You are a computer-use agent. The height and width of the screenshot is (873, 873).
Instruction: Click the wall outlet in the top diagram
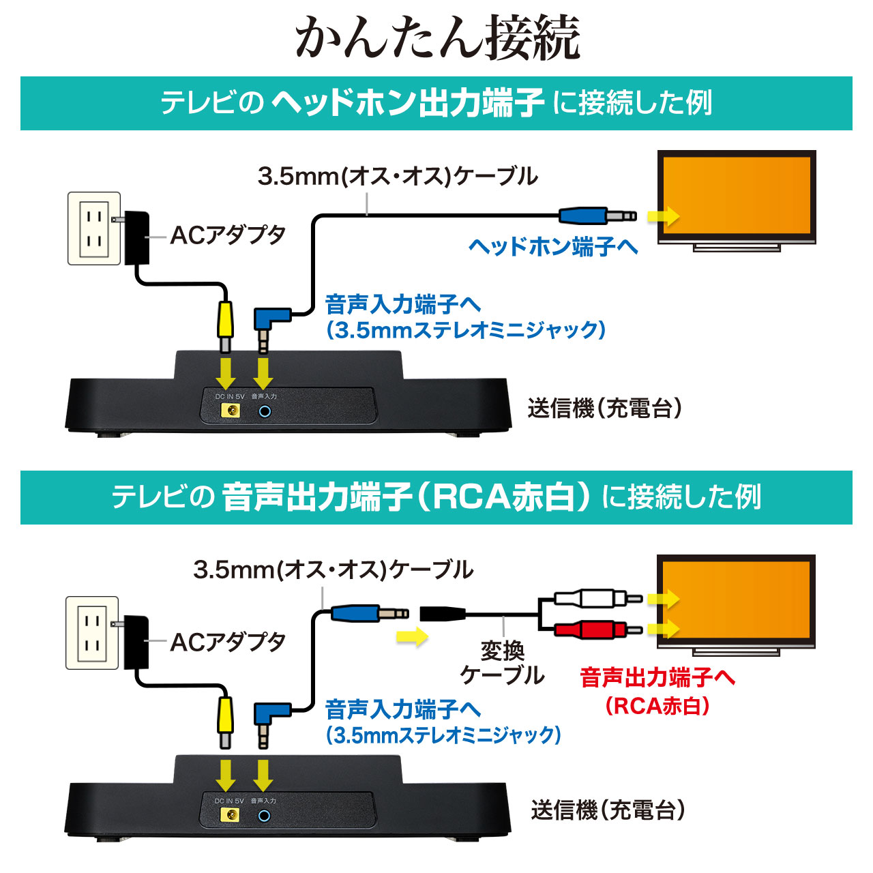[x=94, y=228]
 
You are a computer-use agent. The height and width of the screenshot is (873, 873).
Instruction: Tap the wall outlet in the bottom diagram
[x=92, y=633]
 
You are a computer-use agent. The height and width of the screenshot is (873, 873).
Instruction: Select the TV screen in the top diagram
[x=736, y=196]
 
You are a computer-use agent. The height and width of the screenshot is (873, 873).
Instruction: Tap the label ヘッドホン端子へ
[x=552, y=246]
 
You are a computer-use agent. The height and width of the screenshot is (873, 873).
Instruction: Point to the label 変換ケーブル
[x=502, y=663]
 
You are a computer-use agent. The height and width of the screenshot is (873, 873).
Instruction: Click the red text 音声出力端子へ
[x=657, y=677]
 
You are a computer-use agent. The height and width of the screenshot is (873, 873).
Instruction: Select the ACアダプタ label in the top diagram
[x=228, y=235]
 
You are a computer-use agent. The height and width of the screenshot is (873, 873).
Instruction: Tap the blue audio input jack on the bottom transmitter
[x=264, y=815]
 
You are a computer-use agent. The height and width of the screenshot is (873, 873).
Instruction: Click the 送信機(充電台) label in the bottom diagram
[x=608, y=810]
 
